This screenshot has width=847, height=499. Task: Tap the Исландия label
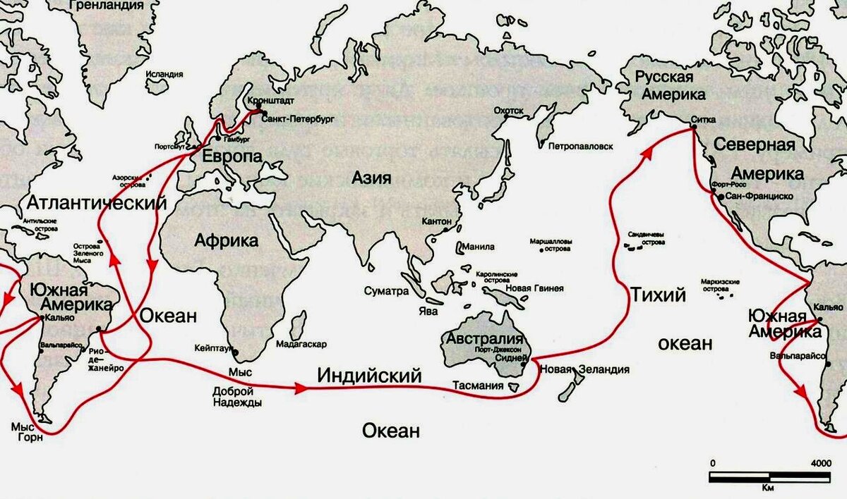click(164, 73)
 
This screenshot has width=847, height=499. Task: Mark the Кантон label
click(435, 222)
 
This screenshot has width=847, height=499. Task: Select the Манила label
click(479, 247)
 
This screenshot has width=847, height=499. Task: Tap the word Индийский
click(369, 375)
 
